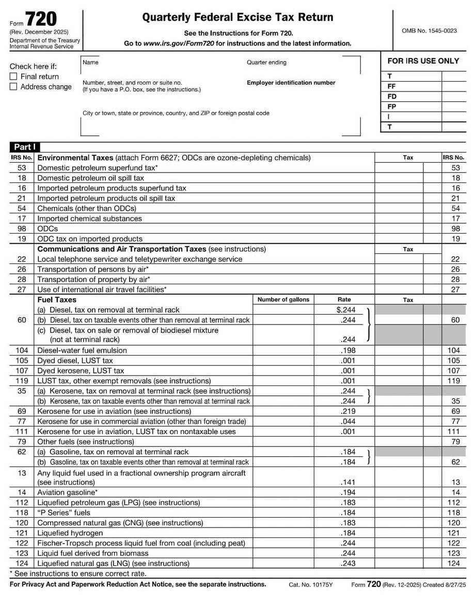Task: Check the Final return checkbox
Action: click(x=13, y=76)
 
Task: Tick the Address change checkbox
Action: click(x=13, y=87)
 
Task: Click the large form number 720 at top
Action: click(x=41, y=19)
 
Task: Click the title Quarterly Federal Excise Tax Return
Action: click(x=237, y=18)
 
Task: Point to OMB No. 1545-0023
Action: click(x=429, y=31)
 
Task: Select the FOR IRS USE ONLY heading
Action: click(x=423, y=61)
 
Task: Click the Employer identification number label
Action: click(x=291, y=83)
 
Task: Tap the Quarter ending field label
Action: click(x=266, y=63)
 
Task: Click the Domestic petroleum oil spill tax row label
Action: click(x=90, y=178)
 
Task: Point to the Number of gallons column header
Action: click(x=283, y=300)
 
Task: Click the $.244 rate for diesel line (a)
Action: click(x=345, y=310)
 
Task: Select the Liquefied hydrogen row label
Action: click(x=70, y=533)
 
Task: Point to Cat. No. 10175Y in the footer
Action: click(x=311, y=585)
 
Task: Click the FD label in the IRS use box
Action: click(x=392, y=97)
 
